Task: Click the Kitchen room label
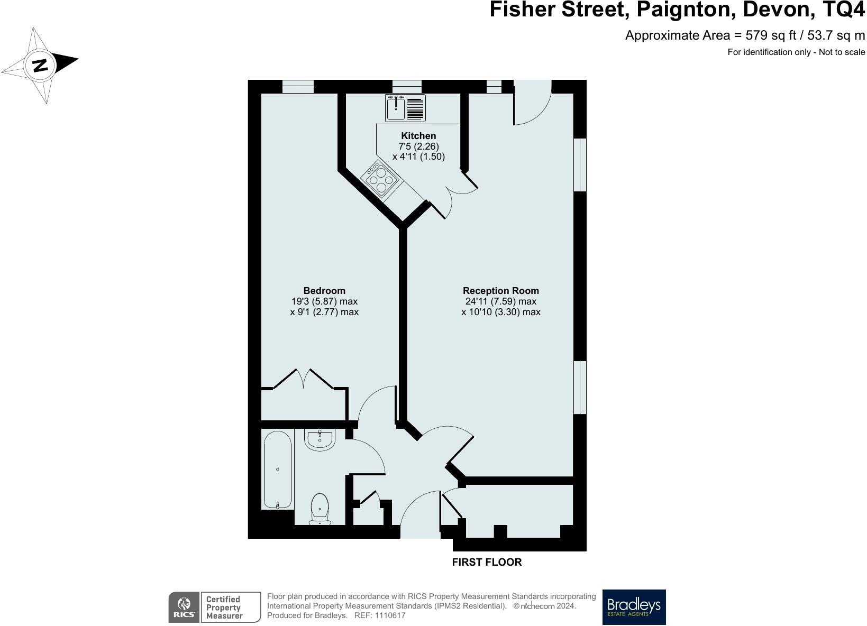click(418, 136)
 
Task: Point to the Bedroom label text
click(324, 291)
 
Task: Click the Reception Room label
click(500, 291)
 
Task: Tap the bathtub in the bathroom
click(278, 469)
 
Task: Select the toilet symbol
click(320, 508)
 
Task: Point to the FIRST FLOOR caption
click(487, 563)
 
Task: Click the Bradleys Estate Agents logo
click(634, 607)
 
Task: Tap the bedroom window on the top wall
click(298, 87)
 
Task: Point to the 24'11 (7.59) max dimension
click(500, 301)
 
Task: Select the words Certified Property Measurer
click(224, 607)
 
